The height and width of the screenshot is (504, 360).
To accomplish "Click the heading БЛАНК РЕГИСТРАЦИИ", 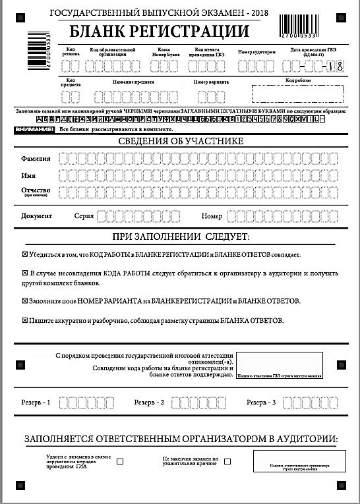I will point(159,31).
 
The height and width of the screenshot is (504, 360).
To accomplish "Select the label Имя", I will point(28,176).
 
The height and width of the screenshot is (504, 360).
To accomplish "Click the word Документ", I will point(37,216).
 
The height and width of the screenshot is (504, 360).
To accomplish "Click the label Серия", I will point(84,216).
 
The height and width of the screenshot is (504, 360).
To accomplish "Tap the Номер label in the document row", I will point(211,216).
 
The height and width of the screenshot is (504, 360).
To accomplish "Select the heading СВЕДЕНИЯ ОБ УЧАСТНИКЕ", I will point(180,141).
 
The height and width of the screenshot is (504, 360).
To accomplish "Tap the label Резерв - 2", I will point(149,402).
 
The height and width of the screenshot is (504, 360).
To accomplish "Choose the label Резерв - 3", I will point(262,402).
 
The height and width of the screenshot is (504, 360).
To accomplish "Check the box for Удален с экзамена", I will point(120,462).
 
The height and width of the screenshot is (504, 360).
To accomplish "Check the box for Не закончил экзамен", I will point(227,461).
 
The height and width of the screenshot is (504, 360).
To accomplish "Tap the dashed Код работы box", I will point(289,94).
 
